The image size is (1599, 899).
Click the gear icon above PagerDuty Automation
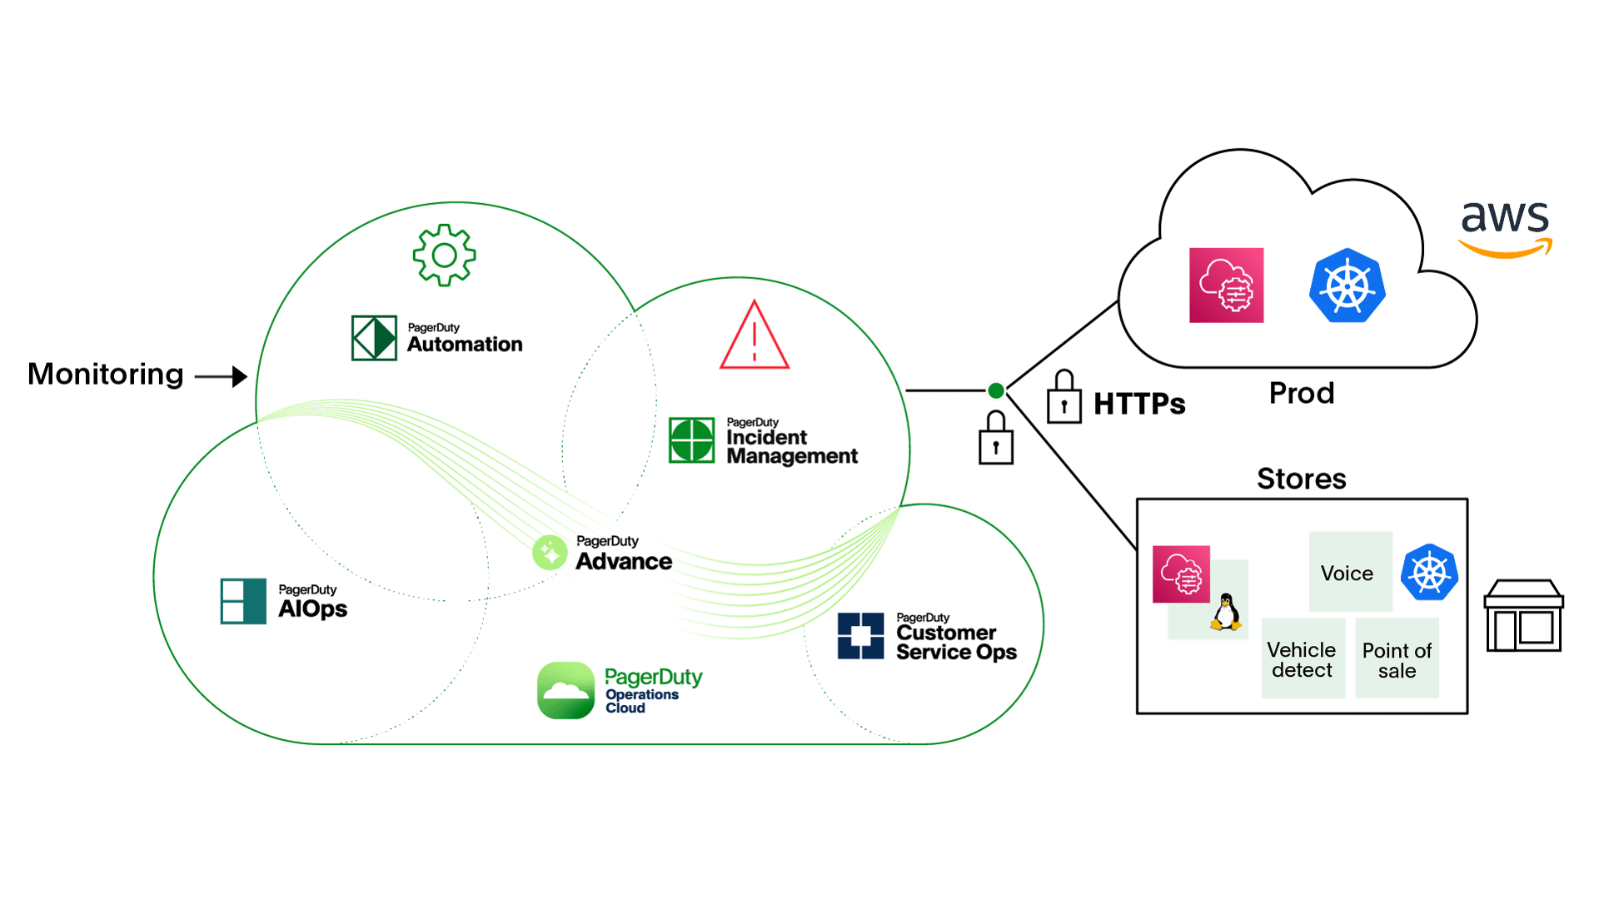[444, 255]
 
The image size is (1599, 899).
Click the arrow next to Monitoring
[222, 376]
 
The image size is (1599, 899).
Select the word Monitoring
[105, 374]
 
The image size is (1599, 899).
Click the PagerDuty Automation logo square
[374, 337]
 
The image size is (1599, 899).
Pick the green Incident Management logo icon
[691, 440]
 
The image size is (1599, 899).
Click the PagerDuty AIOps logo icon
[243, 601]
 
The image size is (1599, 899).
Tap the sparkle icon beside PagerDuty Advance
[550, 552]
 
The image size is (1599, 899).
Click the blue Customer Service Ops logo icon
[860, 636]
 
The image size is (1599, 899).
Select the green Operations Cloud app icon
[565, 690]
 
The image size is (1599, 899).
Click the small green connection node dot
[995, 390]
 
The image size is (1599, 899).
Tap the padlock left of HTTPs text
[1064, 398]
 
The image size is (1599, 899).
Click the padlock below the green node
[995, 438]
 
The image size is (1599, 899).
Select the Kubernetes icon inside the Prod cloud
[1347, 286]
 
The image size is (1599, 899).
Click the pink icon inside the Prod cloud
[1226, 285]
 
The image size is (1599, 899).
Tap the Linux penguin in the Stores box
[1225, 613]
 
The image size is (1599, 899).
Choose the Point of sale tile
[1397, 659]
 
